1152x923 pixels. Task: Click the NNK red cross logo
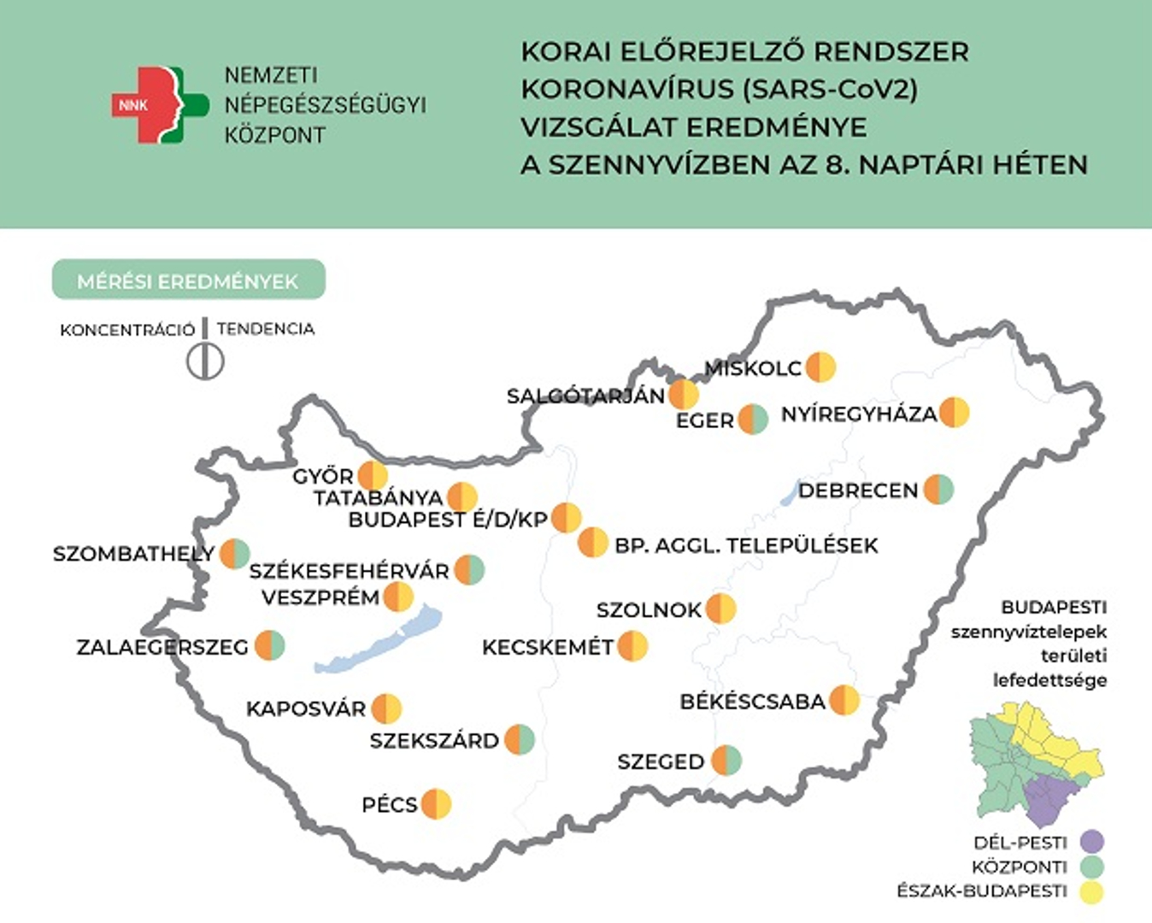[x=159, y=105]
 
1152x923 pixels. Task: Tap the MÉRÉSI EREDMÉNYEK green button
[x=188, y=280]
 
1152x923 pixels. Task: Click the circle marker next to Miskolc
[x=820, y=367]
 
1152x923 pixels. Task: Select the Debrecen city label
[x=858, y=491]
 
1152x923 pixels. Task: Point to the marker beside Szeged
[x=726, y=760]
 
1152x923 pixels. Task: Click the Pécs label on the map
[x=390, y=804]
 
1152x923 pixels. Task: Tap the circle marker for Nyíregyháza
[x=954, y=413]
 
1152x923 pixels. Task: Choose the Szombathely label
[x=133, y=554]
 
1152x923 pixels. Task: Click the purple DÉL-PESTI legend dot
[x=1091, y=842]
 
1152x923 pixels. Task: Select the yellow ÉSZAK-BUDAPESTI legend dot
[x=1091, y=891]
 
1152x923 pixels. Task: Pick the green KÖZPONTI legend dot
[x=1091, y=867]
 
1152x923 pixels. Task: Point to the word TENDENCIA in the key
[x=266, y=329]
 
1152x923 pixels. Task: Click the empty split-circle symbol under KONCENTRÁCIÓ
[x=205, y=361]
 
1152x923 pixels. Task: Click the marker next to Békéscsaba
[x=844, y=700]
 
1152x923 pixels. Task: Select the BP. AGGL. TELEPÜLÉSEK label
[x=746, y=545]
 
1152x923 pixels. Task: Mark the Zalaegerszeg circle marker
[x=269, y=645]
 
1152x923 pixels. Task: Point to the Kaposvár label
[x=306, y=708]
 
